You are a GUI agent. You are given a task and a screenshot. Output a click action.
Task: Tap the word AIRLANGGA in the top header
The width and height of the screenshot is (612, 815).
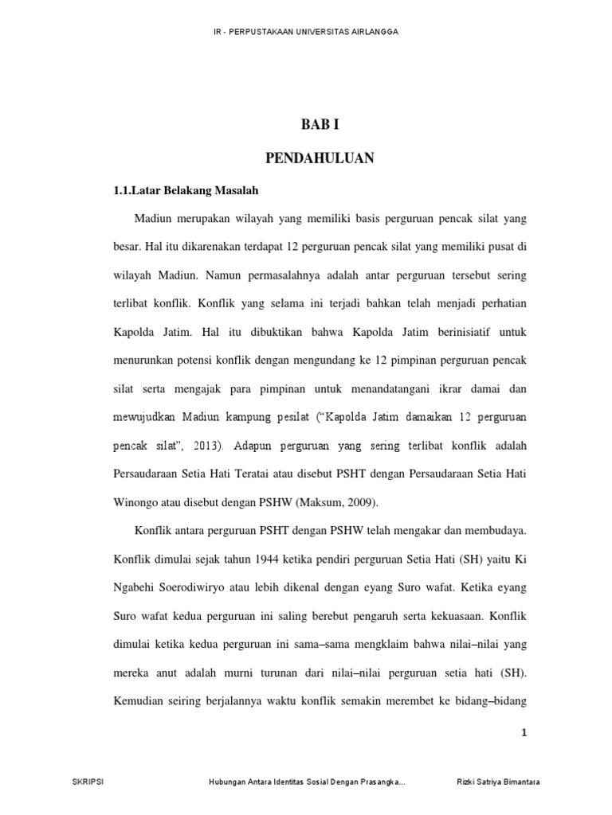(374, 31)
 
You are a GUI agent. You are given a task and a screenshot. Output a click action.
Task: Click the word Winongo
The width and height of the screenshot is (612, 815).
(138, 502)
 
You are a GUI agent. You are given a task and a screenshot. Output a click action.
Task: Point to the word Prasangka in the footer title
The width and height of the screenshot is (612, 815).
(380, 782)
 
